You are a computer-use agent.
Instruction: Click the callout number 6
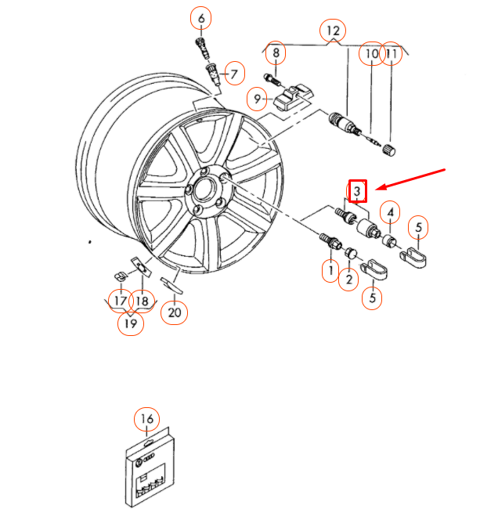coord(201,18)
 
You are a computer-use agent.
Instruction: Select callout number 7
coord(234,74)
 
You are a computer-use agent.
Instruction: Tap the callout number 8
coord(276,52)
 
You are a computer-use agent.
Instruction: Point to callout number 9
coord(257,99)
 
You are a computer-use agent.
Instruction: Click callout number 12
coord(333,31)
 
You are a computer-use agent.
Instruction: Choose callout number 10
coord(372,53)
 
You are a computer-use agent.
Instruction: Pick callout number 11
coord(392,53)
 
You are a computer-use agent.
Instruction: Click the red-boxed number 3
coord(357,190)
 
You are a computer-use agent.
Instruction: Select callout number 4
coord(390,212)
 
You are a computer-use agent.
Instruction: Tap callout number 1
coord(330,271)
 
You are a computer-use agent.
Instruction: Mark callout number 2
coord(348,280)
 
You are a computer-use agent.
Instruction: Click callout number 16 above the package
coord(147,419)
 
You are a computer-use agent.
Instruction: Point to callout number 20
coord(174,312)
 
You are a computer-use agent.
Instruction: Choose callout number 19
coord(131,323)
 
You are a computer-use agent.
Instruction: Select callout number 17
coord(121,301)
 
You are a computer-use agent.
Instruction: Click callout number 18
coord(142,301)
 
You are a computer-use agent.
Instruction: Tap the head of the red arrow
coord(377,190)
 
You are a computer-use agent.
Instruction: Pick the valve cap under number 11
coord(389,150)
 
